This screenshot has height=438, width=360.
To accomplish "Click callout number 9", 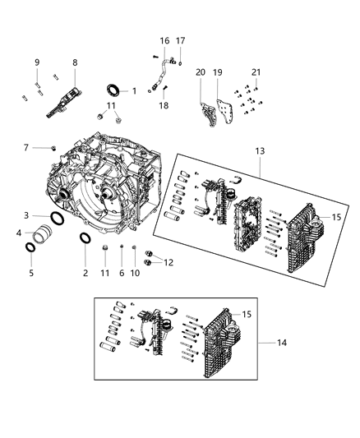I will pyautogui.click(x=36, y=62).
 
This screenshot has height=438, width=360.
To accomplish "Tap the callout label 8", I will pyautogui.click(x=75, y=62).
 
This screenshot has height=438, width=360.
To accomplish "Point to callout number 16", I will pyautogui.click(x=164, y=41).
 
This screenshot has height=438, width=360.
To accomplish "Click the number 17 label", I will pyautogui.click(x=181, y=41).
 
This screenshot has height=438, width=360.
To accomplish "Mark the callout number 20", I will pyautogui.click(x=200, y=72).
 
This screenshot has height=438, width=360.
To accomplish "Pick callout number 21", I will pyautogui.click(x=256, y=72).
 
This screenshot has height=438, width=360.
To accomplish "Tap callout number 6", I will pyautogui.click(x=121, y=272).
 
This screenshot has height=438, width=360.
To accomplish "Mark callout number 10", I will pyautogui.click(x=134, y=272).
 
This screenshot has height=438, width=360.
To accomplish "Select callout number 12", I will pyautogui.click(x=168, y=262).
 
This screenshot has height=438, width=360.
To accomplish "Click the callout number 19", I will pyautogui.click(x=218, y=72).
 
